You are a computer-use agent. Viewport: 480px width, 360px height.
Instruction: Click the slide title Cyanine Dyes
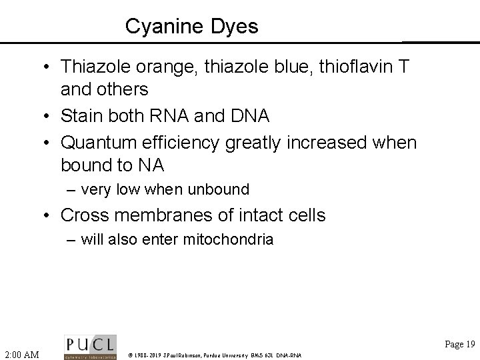point(192,27)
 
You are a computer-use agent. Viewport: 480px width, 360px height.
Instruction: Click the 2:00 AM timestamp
point(21,353)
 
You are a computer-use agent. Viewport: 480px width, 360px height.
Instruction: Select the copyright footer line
point(215,355)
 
